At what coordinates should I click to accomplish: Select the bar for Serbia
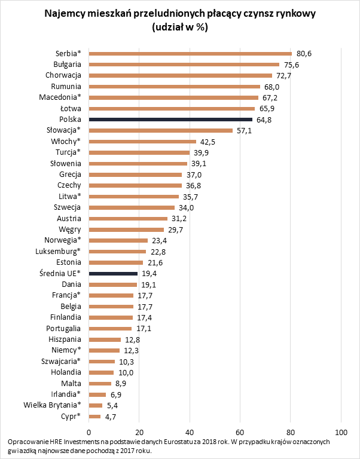pyautogui.click(x=190, y=54)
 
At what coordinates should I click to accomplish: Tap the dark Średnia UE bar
pyautogui.click(x=113, y=273)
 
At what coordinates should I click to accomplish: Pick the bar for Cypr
pyautogui.click(x=94, y=416)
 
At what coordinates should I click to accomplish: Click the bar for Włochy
pyautogui.click(x=142, y=142)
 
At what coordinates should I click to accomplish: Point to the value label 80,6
pyautogui.click(x=304, y=54)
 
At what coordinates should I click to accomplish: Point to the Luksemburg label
pyautogui.click(x=58, y=251)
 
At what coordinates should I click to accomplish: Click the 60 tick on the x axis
pyautogui.click(x=240, y=432)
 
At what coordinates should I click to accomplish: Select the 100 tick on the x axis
pyautogui.click(x=341, y=432)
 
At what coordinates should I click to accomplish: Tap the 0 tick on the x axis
pyautogui.click(x=89, y=432)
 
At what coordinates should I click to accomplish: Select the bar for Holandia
pyautogui.click(x=101, y=372)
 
